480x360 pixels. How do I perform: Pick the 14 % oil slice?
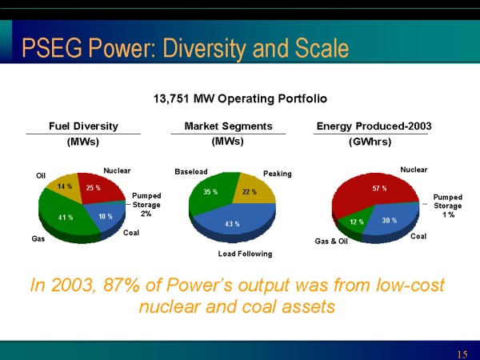coord(63,187)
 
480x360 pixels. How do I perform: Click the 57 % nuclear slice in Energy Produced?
coord(378,190)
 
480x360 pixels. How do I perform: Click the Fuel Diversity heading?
coord(83,126)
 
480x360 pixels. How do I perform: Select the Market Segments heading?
coord(228,126)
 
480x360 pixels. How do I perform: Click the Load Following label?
coord(245,254)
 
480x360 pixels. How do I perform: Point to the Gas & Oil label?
coord(331,240)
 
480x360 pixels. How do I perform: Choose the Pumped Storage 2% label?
coord(146,204)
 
